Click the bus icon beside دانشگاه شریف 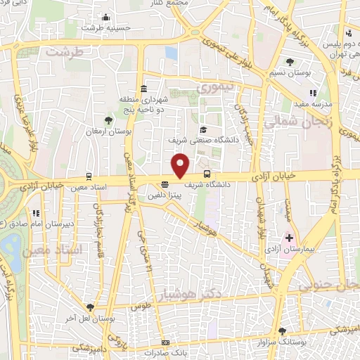(x=206, y=173)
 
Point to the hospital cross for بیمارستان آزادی (x=289, y=238)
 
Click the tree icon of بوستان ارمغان (x=108, y=121)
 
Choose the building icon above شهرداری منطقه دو (x=143, y=89)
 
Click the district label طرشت (x=64, y=51)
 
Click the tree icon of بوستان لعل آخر (x=91, y=307)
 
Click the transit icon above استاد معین (x=89, y=176)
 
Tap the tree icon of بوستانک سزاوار (x=283, y=330)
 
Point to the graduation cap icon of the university (x=202, y=129)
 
